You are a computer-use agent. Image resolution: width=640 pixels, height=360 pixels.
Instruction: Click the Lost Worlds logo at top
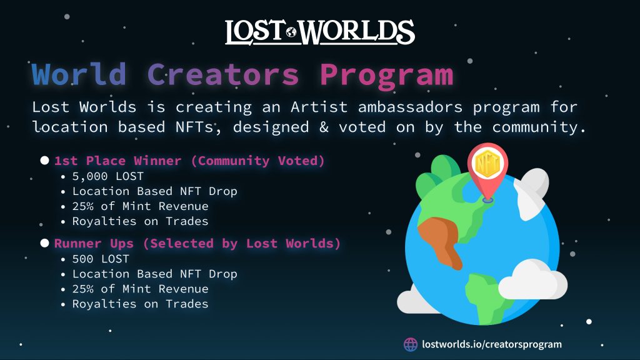(319, 32)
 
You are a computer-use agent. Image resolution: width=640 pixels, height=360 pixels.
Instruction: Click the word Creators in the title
(223, 74)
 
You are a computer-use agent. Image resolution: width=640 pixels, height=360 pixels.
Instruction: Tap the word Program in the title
(386, 76)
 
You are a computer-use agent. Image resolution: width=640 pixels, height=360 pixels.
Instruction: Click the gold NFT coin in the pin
(487, 164)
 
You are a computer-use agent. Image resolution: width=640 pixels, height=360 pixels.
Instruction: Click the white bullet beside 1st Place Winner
(44, 161)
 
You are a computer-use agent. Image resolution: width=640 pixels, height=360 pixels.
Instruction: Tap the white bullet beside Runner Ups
(44, 243)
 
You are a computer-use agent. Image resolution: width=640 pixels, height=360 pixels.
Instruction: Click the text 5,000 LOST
(107, 176)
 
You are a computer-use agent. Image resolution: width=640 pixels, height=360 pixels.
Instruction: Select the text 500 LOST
(101, 259)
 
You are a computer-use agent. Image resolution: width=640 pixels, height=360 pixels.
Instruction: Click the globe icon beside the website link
(411, 344)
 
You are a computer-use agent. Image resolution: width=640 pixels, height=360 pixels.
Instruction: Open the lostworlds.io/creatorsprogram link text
(492, 344)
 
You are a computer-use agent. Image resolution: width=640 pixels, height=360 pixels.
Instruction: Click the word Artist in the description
(319, 107)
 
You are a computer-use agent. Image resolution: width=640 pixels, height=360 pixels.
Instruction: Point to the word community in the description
(535, 127)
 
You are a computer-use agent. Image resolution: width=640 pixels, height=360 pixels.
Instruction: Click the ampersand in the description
(324, 127)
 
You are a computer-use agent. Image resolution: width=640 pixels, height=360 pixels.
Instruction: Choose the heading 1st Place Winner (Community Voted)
(189, 161)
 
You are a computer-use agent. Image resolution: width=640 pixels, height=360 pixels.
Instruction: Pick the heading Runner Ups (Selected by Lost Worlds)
(197, 244)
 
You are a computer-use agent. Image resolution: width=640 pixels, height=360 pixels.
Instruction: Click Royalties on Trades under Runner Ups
(140, 304)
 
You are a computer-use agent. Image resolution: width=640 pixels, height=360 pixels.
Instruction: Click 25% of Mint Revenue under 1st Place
(140, 206)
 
